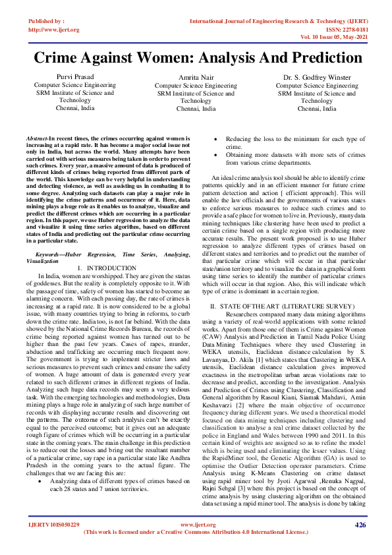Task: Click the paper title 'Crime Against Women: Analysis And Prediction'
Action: [196, 58]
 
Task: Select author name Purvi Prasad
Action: [74, 78]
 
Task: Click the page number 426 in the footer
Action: [360, 525]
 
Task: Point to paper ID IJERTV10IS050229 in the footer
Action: [54, 525]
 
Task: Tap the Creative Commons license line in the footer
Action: [196, 532]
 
